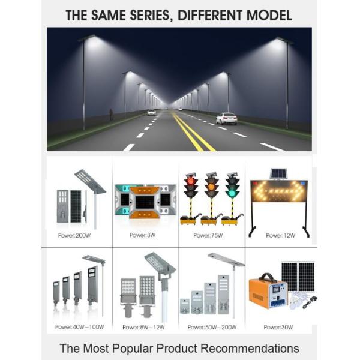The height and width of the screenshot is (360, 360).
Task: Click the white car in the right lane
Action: [226, 118]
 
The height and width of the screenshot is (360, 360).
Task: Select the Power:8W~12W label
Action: [143, 327]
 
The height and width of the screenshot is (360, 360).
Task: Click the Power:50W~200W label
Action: [212, 327]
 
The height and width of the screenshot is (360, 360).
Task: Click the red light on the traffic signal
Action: [191, 181]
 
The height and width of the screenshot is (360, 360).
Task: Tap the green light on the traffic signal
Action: [231, 194]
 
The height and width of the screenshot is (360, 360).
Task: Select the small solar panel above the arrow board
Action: [277, 173]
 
